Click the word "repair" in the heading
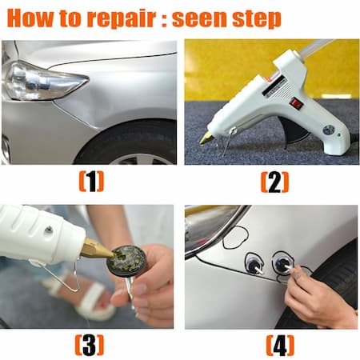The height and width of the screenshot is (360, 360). point(121,18)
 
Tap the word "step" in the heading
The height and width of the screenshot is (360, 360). point(257,19)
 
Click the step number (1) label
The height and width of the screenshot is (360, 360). point(91,182)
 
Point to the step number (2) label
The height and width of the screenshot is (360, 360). point(274,182)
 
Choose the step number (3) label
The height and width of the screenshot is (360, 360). point(90,345)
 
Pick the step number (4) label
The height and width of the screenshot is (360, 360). point(280,346)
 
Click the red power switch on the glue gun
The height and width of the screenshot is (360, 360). point(297,103)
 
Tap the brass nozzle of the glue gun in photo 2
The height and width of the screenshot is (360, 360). point(206,138)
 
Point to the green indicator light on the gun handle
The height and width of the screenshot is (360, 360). point(339,135)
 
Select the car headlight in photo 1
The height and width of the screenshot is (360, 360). point(44,81)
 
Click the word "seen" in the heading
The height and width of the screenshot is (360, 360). point(199,18)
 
